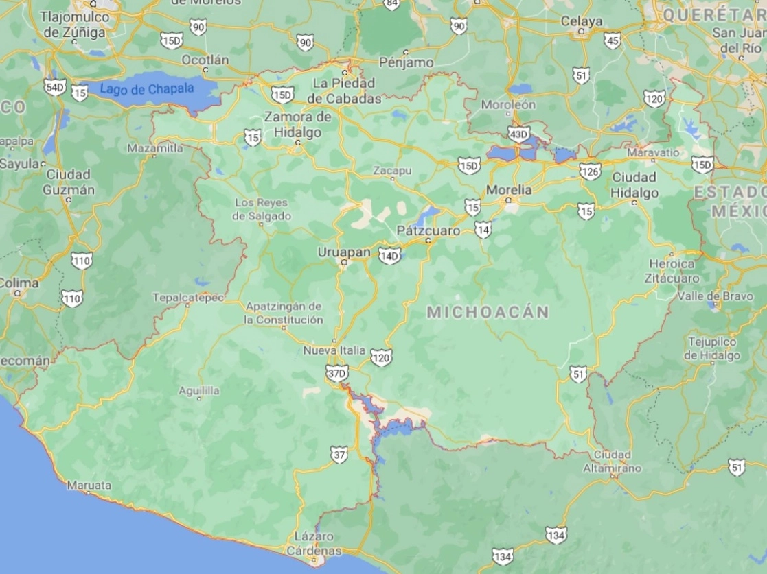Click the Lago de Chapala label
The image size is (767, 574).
(x=148, y=88)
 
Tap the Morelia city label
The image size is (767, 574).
(x=509, y=189)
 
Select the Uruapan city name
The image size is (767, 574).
(x=344, y=252)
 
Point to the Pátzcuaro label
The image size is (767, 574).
(x=428, y=231)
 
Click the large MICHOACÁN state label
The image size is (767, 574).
(x=488, y=312)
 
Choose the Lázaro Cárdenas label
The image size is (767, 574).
(x=314, y=544)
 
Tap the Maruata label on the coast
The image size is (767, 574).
(x=89, y=485)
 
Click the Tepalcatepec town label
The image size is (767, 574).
(x=188, y=297)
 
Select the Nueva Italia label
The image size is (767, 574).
(x=334, y=350)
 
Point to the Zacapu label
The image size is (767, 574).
(x=392, y=170)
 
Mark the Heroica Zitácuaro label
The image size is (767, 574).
(x=672, y=271)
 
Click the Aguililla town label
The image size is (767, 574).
(x=199, y=390)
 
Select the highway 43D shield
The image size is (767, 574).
(x=519, y=134)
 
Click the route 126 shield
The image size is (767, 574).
(x=590, y=171)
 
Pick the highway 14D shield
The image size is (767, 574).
(x=389, y=256)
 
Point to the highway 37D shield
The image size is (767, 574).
(x=337, y=374)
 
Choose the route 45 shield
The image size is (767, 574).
(x=613, y=40)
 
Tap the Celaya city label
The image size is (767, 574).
(x=581, y=21)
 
